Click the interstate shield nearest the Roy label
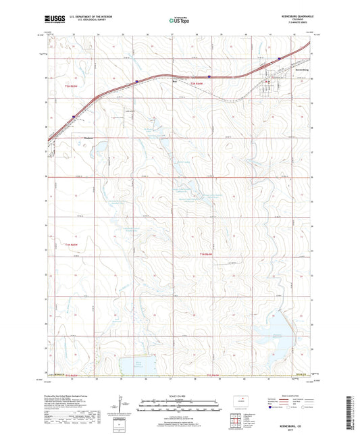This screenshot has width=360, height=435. point(209,76)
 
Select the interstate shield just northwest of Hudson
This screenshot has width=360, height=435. point(72,116)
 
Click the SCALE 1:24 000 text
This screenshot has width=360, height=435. point(180,395)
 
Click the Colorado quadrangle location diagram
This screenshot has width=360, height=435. point(239,404)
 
